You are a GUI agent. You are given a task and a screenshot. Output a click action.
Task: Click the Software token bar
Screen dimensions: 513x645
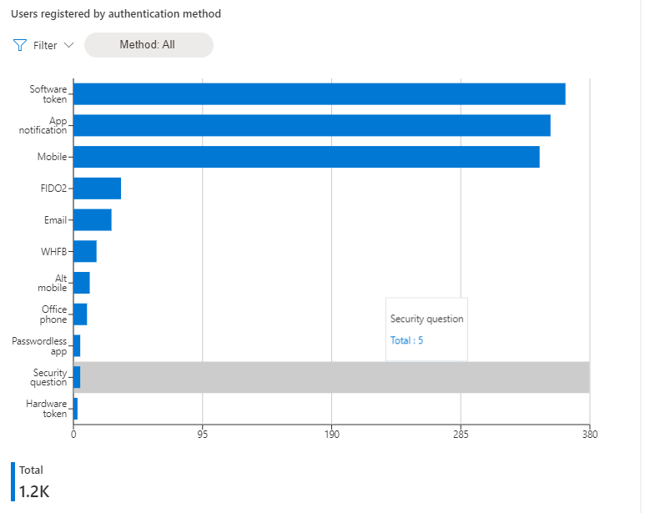point(320,94)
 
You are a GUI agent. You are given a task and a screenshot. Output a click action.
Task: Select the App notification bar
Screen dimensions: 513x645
point(312,125)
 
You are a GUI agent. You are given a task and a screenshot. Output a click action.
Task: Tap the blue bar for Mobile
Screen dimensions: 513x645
point(306,157)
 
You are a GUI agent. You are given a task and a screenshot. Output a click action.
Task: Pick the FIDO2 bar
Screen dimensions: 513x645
point(97,189)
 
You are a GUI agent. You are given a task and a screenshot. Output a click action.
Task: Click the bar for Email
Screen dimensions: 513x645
point(93,220)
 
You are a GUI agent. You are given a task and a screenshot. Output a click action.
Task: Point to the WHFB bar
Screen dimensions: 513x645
point(85,251)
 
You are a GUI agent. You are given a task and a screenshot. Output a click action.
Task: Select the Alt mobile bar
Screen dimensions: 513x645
point(82,283)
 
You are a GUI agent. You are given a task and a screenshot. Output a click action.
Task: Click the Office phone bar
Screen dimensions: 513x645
point(80,314)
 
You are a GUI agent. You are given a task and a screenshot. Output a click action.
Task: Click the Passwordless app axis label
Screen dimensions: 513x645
point(39,346)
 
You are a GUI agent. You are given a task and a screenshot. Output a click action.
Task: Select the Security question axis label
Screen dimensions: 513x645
point(49,377)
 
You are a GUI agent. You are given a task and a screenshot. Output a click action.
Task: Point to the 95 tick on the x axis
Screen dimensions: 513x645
point(203,434)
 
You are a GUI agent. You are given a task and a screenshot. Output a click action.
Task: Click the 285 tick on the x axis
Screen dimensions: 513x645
point(461,434)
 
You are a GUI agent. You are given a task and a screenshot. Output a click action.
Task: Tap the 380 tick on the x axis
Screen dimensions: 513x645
point(589,434)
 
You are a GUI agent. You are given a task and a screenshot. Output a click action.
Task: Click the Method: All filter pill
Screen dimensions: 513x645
point(148,45)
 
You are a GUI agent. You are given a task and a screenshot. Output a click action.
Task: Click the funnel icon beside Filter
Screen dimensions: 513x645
point(21,45)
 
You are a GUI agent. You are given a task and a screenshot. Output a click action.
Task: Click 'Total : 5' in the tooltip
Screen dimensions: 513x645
point(407,340)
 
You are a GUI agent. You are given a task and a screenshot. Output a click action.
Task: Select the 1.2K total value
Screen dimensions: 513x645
point(34,491)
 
